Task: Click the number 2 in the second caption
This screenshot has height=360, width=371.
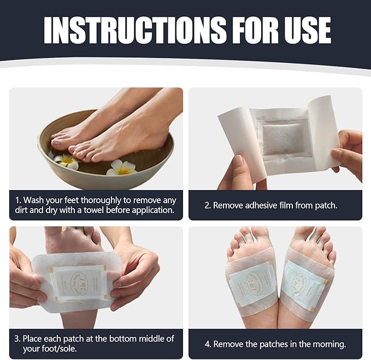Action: (x=207, y=205)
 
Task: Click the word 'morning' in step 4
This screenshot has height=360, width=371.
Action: (x=328, y=344)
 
